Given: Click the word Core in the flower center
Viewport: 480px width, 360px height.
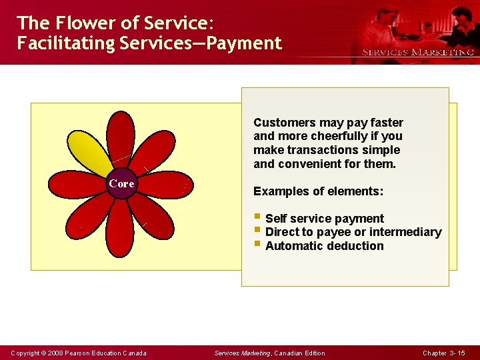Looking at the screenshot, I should click(x=121, y=183).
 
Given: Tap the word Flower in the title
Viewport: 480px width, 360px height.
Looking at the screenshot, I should click(x=80, y=23).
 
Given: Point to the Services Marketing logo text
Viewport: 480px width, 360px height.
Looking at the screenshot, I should click(x=417, y=52).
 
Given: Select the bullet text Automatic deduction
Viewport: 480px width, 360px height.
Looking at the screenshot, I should click(x=324, y=246).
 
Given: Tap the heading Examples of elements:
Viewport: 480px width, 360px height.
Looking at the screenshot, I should click(x=318, y=191).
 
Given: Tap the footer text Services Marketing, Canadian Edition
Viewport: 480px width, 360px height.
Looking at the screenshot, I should click(x=269, y=353).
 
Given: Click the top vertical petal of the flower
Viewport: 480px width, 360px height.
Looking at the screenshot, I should click(x=121, y=140).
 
